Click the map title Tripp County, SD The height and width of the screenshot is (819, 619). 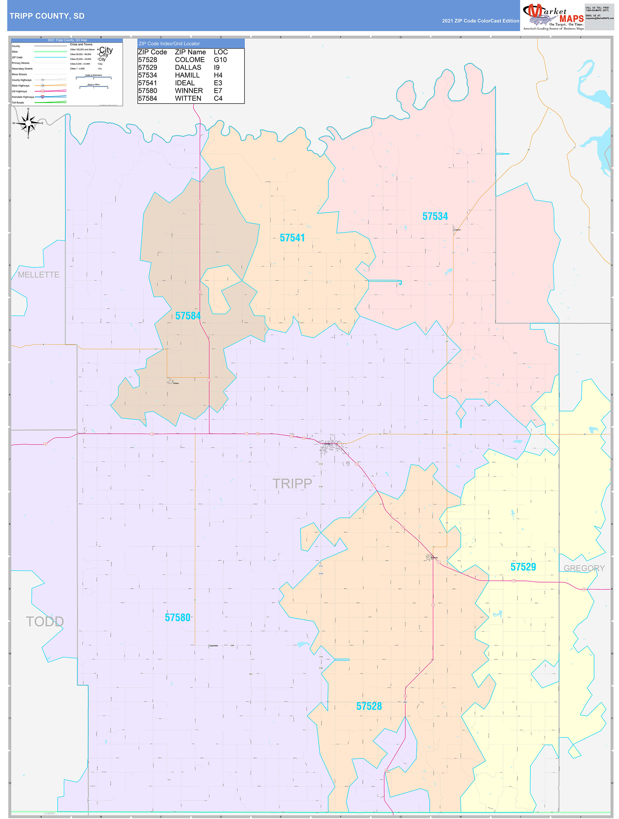[x=47, y=16]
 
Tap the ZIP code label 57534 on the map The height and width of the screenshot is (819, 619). [x=435, y=216]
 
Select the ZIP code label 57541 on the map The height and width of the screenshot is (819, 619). [x=292, y=238]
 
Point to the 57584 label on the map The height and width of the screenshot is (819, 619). [x=188, y=316]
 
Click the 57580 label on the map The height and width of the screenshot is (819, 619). [x=177, y=618]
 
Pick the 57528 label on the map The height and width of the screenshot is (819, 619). [x=369, y=706]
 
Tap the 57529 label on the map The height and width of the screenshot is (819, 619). [x=523, y=567]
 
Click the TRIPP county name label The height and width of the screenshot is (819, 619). [x=292, y=484]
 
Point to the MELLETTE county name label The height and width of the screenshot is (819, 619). [x=38, y=275]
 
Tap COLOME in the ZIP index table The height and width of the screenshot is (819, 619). [x=190, y=60]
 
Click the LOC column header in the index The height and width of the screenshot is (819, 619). [x=221, y=52]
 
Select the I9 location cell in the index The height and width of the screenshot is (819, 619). [x=217, y=67]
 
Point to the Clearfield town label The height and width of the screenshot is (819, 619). [x=214, y=645]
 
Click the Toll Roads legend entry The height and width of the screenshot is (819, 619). [x=18, y=103]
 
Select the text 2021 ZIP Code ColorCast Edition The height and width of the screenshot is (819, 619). [x=480, y=21]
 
